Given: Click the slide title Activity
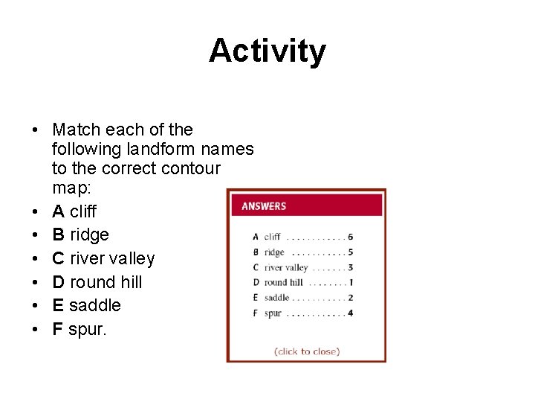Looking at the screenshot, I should (267, 51).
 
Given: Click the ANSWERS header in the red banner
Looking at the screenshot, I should (264, 206).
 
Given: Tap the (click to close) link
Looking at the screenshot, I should (306, 351).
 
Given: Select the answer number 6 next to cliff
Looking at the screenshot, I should (350, 237).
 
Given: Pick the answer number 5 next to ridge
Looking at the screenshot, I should (350, 252).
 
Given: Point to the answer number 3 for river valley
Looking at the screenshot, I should (350, 267).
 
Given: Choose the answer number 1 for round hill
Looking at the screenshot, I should (350, 282).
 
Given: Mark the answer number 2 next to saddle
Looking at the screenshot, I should (350, 298).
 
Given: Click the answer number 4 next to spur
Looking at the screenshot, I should (350, 313).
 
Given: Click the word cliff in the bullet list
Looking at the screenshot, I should (82, 211).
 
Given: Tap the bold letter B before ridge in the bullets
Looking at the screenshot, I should (58, 234).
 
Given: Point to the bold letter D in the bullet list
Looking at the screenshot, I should (59, 282).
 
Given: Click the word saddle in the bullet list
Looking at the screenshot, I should (94, 305).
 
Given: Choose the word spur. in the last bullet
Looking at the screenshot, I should (87, 329).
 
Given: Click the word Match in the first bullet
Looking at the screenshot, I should (77, 130).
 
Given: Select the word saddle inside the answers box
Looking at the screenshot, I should (277, 298).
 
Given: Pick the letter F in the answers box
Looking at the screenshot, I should (256, 313).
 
